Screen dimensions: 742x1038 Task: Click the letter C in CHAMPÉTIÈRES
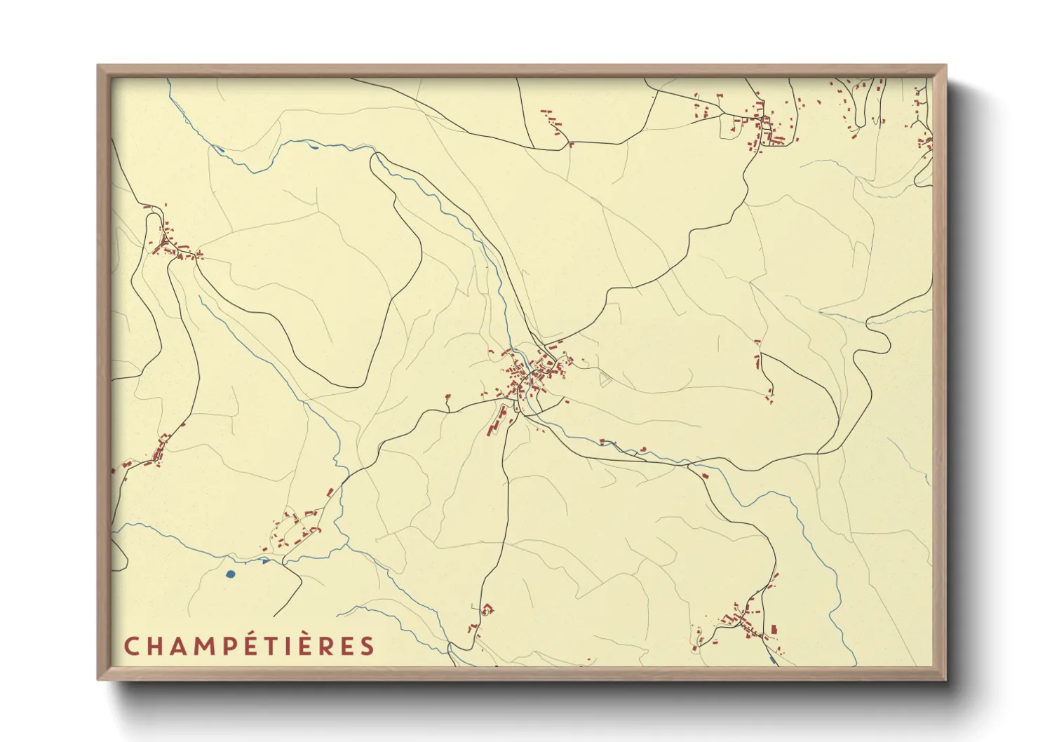(131, 647)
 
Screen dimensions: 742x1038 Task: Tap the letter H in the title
(156, 647)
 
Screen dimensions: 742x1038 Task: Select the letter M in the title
(205, 647)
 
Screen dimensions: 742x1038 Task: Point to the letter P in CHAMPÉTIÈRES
(230, 647)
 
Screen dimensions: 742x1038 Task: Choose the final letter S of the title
(368, 647)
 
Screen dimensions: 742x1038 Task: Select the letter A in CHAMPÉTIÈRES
(180, 647)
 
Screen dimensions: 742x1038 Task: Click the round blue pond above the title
(231, 574)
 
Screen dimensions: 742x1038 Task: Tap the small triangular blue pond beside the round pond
(264, 561)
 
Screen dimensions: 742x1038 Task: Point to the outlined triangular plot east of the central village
(605, 379)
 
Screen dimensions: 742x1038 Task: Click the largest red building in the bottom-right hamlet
(774, 629)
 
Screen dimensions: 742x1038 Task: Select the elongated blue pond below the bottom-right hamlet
(772, 660)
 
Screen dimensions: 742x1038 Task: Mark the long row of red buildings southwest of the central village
(497, 419)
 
